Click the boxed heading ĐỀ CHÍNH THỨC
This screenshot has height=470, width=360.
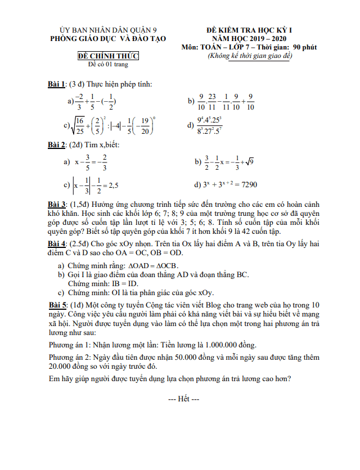click(107, 56)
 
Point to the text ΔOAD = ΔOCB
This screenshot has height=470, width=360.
click(155, 265)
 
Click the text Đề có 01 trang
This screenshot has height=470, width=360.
click(108, 65)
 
